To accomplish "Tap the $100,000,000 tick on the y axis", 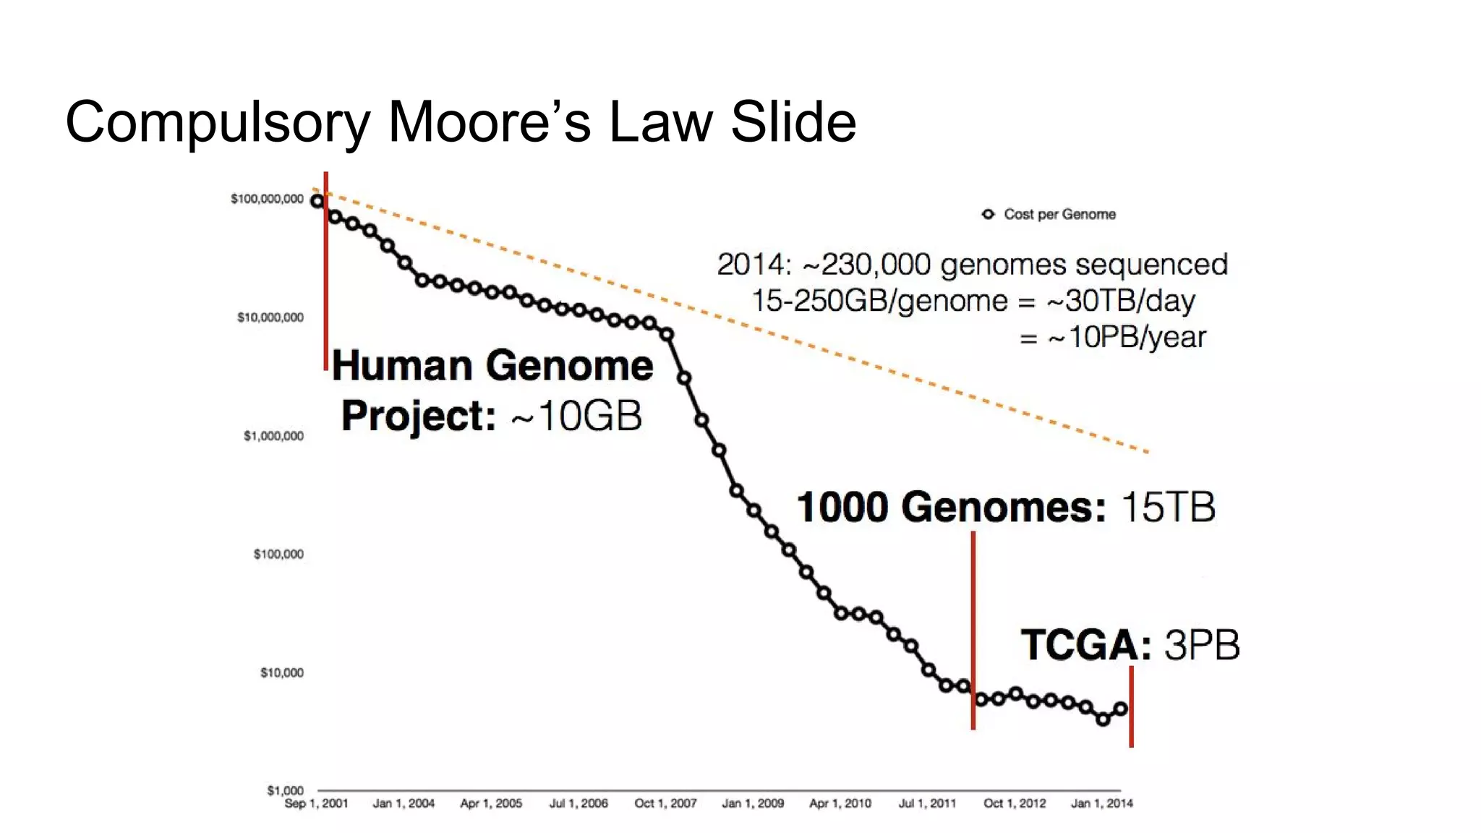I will point(267,199).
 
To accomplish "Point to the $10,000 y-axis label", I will point(282,672).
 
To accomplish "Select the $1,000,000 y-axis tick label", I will point(273,436).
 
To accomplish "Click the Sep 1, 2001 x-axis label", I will point(316,803).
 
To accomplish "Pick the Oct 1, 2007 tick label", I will point(665,803).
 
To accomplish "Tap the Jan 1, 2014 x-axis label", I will point(1101,803).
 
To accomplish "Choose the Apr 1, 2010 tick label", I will point(840,803).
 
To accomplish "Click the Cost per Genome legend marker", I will point(988,214).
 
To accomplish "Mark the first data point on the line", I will point(317,201).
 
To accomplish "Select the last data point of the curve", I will point(1120,709).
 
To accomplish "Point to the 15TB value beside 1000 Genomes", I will point(1168,507).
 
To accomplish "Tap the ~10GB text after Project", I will point(577,416).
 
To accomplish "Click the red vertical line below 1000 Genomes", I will point(973,629).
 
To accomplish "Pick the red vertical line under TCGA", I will point(1131,706).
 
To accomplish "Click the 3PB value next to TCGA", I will point(1202,645).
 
